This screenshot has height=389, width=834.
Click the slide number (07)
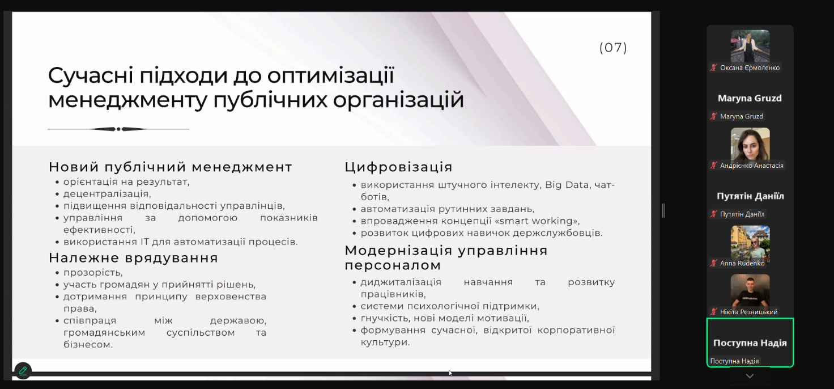613,48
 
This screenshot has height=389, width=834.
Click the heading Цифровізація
398,167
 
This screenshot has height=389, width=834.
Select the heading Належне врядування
133,258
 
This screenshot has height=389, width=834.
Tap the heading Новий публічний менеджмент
171,167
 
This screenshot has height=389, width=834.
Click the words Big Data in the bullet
567,185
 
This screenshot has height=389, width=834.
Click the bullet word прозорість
93,273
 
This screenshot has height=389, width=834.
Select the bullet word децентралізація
107,194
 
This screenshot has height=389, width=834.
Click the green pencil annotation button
23,371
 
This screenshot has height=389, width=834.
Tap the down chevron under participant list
750,376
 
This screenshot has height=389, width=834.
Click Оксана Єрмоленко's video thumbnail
750,46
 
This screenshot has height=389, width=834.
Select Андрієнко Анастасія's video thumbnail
750,144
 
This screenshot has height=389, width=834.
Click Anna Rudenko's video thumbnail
750,242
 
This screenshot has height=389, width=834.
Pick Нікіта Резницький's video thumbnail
750,291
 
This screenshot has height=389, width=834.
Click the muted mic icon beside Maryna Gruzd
714,116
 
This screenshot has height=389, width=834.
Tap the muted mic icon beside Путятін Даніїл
714,214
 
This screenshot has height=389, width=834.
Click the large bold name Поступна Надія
750,343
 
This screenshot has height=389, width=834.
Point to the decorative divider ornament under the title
118,129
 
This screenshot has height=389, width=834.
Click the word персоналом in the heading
393,265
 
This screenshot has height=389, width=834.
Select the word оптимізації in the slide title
331,76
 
